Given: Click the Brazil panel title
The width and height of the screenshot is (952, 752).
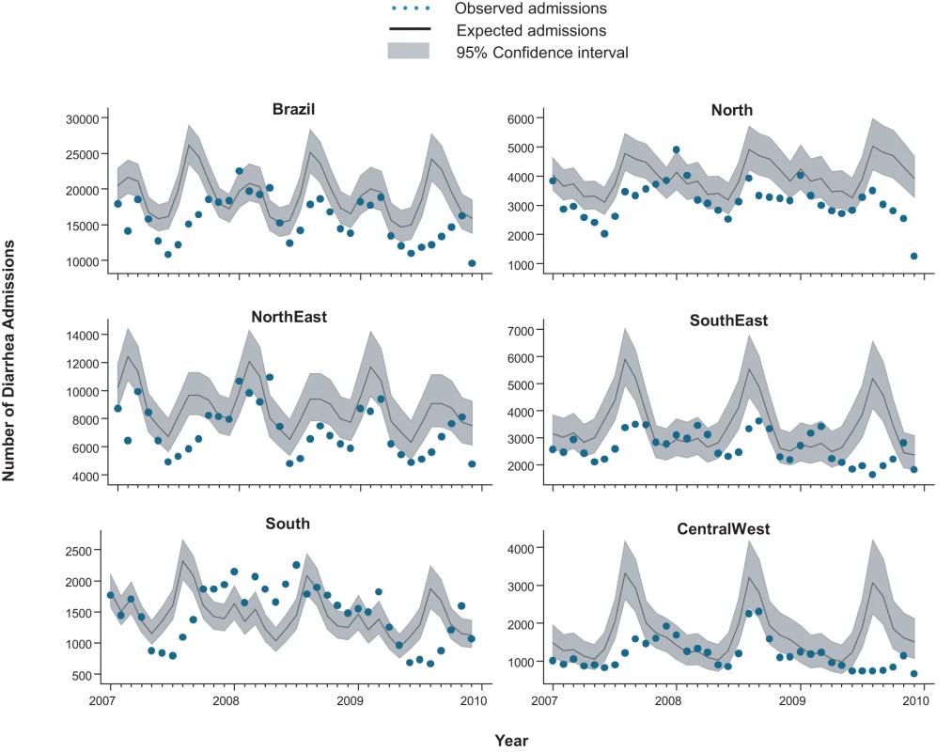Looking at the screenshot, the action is tap(293, 109).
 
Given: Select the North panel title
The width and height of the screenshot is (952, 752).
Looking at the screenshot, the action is tap(731, 110).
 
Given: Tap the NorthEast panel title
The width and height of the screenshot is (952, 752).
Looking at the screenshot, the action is tap(289, 317).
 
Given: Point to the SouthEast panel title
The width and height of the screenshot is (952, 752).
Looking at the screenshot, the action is tap(728, 321).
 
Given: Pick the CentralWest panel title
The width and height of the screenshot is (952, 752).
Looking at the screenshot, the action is tap(723, 529).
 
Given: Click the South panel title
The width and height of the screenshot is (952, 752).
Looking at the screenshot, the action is tap(288, 524).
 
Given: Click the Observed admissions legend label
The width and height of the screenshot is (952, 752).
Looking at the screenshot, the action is tap(531, 8).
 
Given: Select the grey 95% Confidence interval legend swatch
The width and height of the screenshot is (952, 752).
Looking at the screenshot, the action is tap(409, 51).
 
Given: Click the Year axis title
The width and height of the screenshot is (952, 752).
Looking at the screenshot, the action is tap(511, 741).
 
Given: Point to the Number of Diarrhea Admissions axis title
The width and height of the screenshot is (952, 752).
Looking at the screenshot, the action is tap(8, 361).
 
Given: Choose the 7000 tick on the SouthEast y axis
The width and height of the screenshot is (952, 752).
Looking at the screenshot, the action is tap(522, 331).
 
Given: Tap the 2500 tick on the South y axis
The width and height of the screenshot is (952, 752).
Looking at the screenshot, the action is tap(78, 551).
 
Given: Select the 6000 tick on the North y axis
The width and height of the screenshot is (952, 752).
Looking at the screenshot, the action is tap(522, 119).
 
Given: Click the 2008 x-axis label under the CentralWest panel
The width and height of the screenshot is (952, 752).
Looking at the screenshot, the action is tap(668, 701).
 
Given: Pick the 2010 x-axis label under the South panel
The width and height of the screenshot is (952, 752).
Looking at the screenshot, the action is tap(474, 701).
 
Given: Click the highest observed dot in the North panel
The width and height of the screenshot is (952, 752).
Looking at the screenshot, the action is tap(677, 149).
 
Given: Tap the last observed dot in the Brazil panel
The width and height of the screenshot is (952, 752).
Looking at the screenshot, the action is tap(472, 263).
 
